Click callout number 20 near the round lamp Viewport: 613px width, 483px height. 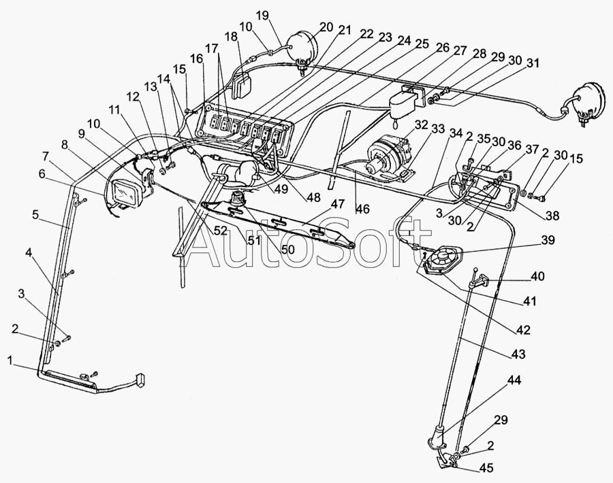(x=326, y=27)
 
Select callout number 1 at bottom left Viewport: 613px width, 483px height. (x=10, y=361)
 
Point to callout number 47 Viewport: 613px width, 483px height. (x=338, y=204)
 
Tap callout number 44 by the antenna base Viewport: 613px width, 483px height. (x=514, y=380)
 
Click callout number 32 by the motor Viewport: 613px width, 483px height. (x=421, y=125)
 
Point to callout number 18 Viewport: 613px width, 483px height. (x=231, y=37)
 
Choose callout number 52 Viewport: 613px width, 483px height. (x=221, y=231)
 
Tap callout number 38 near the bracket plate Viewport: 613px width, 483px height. (x=552, y=215)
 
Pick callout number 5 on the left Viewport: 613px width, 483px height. (x=35, y=215)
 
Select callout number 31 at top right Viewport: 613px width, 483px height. (x=532, y=63)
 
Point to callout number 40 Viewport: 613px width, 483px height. (x=537, y=276)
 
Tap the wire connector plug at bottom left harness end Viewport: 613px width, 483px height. (x=140, y=380)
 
